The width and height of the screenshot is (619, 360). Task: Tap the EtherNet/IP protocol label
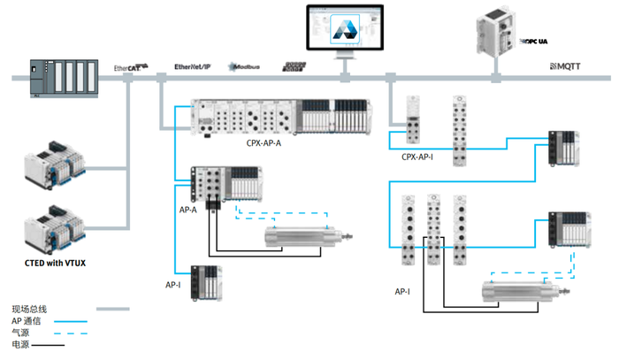193,67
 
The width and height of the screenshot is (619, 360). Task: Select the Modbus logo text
247,67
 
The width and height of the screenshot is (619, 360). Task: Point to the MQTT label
568,67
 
